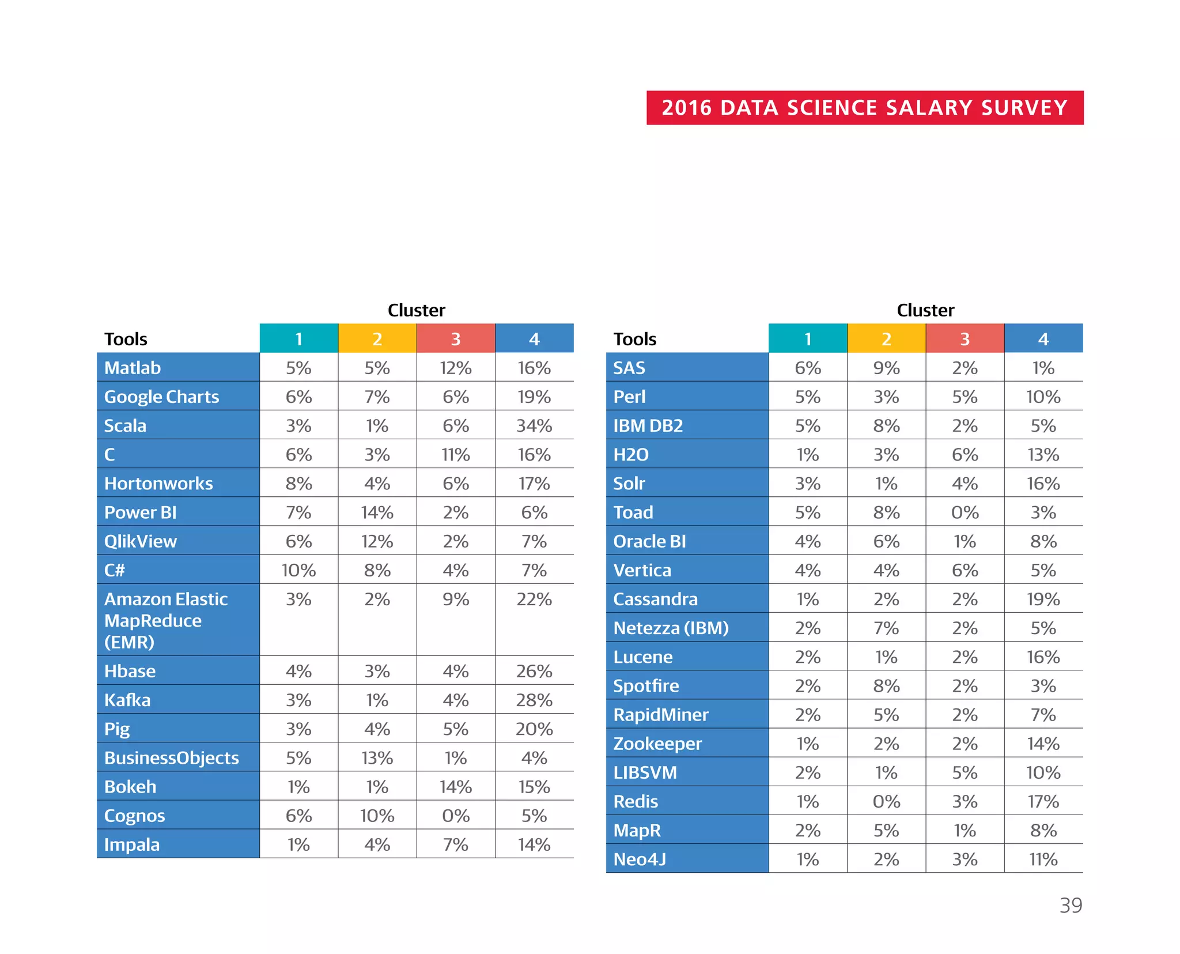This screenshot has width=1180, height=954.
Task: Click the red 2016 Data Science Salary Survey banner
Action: pyautogui.click(x=864, y=108)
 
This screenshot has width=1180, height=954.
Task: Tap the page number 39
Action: pyautogui.click(x=1071, y=905)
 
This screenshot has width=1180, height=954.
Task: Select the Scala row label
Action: pyautogui.click(x=125, y=425)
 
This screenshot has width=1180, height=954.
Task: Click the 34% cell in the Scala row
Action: pyautogui.click(x=534, y=425)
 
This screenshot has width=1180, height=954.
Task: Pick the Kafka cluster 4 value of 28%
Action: pyautogui.click(x=534, y=700)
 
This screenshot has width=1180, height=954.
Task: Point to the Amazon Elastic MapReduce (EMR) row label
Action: pyautogui.click(x=166, y=620)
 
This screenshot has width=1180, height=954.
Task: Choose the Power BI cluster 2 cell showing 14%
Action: pyautogui.click(x=377, y=512)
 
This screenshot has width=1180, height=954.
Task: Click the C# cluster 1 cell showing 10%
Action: pyautogui.click(x=298, y=570)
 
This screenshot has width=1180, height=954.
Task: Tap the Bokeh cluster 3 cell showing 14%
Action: pyautogui.click(x=455, y=787)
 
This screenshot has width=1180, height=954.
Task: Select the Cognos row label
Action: pyautogui.click(x=134, y=816)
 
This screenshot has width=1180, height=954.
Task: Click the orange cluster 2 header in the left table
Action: pyautogui.click(x=377, y=339)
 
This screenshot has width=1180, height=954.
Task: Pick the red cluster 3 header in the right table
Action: pyautogui.click(x=965, y=339)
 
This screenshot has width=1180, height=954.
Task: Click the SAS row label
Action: pyautogui.click(x=629, y=368)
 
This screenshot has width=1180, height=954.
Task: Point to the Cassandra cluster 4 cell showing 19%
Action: pyautogui.click(x=1043, y=599)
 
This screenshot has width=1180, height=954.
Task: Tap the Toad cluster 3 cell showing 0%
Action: pyautogui.click(x=965, y=512)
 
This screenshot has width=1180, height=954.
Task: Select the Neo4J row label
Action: pyautogui.click(x=640, y=859)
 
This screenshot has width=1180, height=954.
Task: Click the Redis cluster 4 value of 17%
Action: pyautogui.click(x=1043, y=801)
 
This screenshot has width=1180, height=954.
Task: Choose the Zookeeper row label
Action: pyautogui.click(x=657, y=744)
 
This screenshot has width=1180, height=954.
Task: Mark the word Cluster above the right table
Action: pyautogui.click(x=925, y=310)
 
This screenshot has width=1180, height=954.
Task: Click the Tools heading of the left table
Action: pyautogui.click(x=126, y=339)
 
